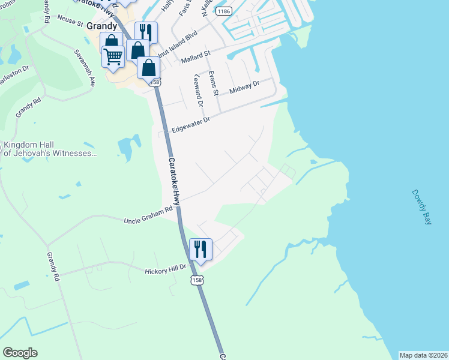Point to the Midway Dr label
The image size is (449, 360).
(244, 86)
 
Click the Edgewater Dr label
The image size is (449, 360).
(190, 124)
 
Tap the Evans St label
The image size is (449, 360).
(212, 82)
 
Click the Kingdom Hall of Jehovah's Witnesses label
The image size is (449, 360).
(50, 149)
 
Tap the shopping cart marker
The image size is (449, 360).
(113, 56)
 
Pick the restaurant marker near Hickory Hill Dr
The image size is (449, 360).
(200, 248)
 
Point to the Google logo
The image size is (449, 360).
(20, 353)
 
